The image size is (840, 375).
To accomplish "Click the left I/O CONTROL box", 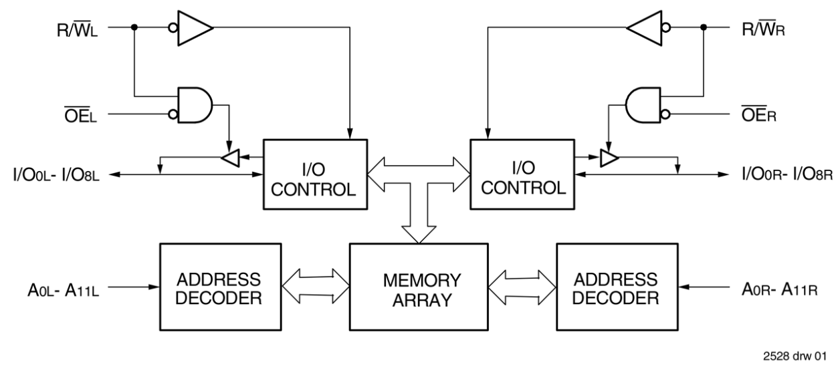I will (x=315, y=174).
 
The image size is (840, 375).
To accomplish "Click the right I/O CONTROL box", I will (x=522, y=174).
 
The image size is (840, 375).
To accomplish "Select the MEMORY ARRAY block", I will (x=419, y=287).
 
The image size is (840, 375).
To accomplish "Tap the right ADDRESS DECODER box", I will (x=615, y=287).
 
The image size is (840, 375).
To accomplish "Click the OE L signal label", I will (x=78, y=114).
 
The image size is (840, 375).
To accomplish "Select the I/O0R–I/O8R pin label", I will (x=786, y=175).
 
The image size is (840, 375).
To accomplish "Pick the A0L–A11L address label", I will (x=59, y=289).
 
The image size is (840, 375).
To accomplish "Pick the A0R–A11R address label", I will (x=780, y=289).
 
